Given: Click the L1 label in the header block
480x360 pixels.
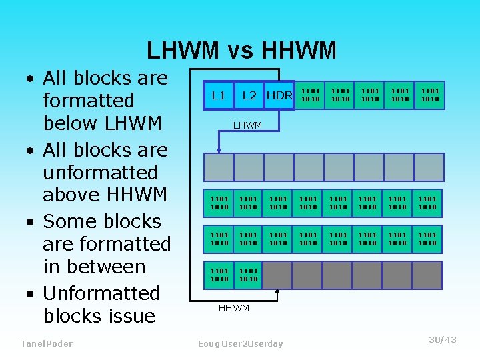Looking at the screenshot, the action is click(x=218, y=95).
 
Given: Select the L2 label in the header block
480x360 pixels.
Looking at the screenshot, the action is click(x=249, y=95).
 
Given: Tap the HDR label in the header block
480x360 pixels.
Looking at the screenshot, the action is click(x=279, y=95).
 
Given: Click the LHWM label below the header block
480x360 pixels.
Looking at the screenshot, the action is click(x=247, y=125).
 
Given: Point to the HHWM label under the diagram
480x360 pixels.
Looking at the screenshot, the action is click(x=234, y=308).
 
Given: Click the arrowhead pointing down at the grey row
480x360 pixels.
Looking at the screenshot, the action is click(x=219, y=149).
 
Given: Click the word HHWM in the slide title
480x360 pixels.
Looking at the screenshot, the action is click(x=300, y=51).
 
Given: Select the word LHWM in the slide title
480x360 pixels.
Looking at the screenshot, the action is click(x=183, y=51).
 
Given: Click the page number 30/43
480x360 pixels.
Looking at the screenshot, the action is click(x=443, y=340).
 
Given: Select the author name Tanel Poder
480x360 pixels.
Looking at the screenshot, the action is click(x=47, y=343).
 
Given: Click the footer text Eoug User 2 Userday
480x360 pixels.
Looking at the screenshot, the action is click(x=241, y=343).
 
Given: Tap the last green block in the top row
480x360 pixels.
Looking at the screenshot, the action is click(x=429, y=95).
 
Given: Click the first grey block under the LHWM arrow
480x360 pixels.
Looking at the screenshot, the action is click(x=219, y=167).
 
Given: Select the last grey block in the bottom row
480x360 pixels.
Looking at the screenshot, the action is click(x=429, y=275).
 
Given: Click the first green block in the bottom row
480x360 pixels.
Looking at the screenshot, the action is click(x=219, y=275).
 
